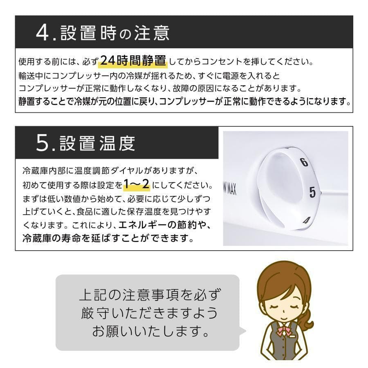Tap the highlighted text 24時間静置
[133, 61]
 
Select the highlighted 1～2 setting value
[136, 185]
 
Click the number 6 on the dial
[304, 162]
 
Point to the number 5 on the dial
[312, 192]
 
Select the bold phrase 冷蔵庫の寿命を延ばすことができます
[108, 238]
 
